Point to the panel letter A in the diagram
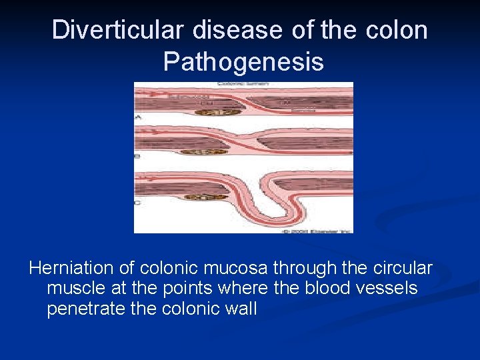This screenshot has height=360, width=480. [138, 117]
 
